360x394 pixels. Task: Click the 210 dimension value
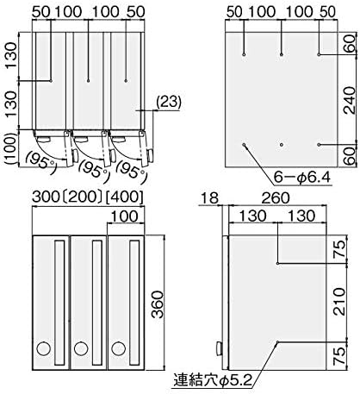pyautogui.click(x=348, y=304)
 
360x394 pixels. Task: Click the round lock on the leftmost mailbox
pyautogui.click(x=42, y=349)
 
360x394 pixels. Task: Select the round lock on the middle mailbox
pyautogui.click(x=82, y=349)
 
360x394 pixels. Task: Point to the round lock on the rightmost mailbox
pyautogui.click(x=121, y=349)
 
